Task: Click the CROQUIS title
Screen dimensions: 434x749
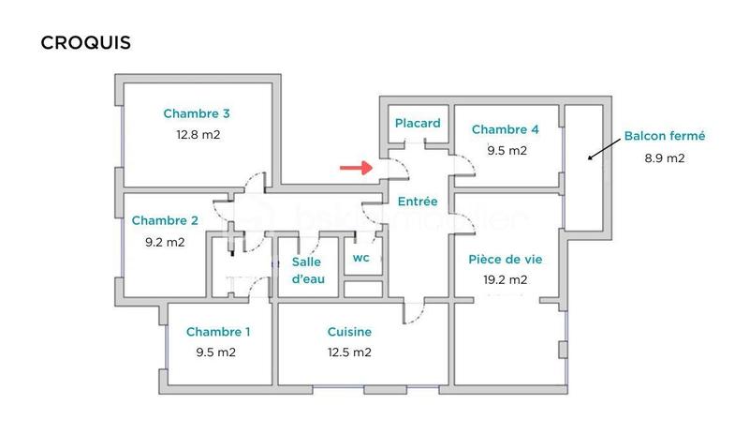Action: click(85, 43)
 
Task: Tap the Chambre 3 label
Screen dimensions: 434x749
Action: click(197, 114)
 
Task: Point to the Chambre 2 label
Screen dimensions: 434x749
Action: click(165, 221)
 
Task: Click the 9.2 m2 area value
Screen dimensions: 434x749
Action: click(165, 242)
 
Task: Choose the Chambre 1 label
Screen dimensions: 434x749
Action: click(218, 332)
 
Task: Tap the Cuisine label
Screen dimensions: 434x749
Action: click(349, 332)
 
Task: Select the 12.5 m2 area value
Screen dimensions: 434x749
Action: click(349, 352)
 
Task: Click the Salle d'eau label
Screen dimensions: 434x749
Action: click(307, 270)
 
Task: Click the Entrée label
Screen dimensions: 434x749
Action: click(418, 202)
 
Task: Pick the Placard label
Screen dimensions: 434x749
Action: click(418, 124)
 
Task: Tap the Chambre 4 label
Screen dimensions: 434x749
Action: click(506, 129)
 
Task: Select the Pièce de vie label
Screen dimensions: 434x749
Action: click(506, 259)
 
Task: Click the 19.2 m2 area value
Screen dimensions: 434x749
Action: click(506, 279)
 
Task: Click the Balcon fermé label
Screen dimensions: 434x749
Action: click(665, 136)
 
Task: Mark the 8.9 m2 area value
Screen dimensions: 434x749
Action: click(665, 157)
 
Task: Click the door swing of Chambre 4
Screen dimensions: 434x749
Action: click(465, 164)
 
